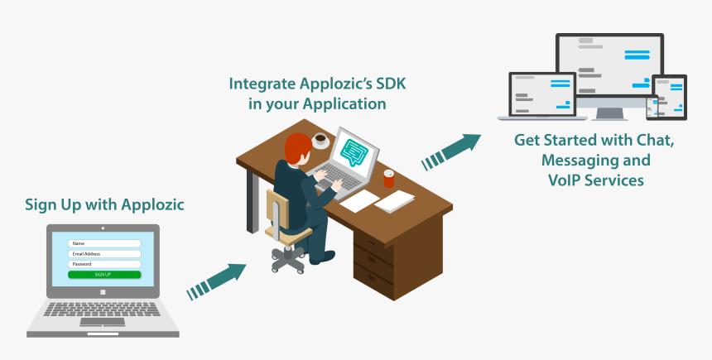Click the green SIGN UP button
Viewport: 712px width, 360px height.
tap(103, 274)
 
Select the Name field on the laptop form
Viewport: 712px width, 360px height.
tap(103, 243)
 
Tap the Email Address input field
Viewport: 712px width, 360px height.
tap(103, 254)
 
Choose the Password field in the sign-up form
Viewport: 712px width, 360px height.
tap(103, 264)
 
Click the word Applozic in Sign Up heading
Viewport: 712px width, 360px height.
tap(153, 204)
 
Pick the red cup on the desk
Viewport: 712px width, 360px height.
tap(389, 177)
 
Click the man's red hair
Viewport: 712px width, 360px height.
tap(296, 149)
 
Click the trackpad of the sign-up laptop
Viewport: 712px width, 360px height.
tap(103, 321)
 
